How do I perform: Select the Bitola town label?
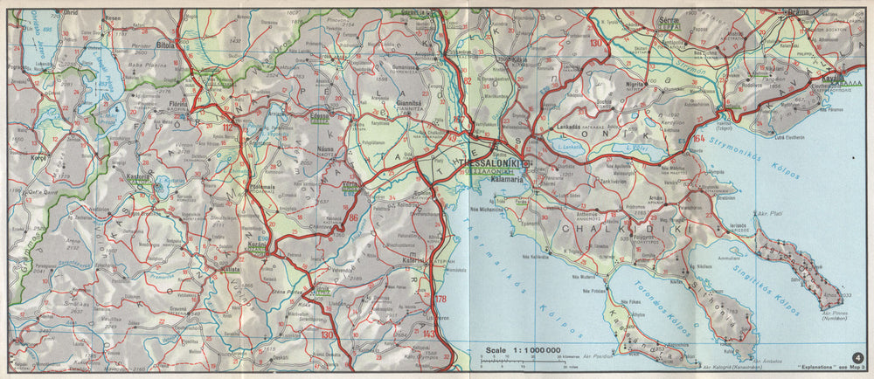[166, 42]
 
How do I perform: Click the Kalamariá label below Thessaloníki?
[494, 181]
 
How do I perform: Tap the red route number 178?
[439, 301]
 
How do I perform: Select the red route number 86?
[354, 219]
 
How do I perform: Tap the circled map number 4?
[858, 355]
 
